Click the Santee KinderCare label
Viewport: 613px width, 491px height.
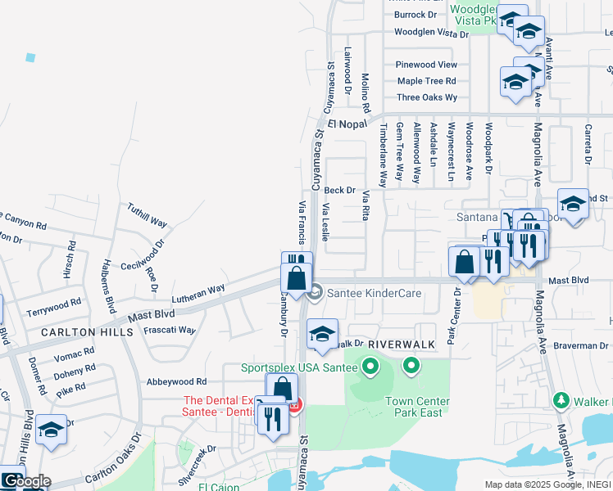click(x=366, y=292)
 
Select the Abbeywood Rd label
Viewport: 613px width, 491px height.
click(x=177, y=382)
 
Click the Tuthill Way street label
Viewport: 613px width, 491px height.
click(x=148, y=216)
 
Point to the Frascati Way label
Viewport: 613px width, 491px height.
click(x=170, y=330)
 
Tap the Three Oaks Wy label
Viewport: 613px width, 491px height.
click(x=426, y=97)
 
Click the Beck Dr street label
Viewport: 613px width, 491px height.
click(x=340, y=190)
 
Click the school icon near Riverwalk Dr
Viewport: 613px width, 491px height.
click(x=323, y=333)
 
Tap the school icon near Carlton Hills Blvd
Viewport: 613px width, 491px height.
click(x=51, y=430)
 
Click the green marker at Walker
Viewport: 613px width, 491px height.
click(x=561, y=401)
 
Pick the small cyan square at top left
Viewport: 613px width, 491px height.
click(x=31, y=57)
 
